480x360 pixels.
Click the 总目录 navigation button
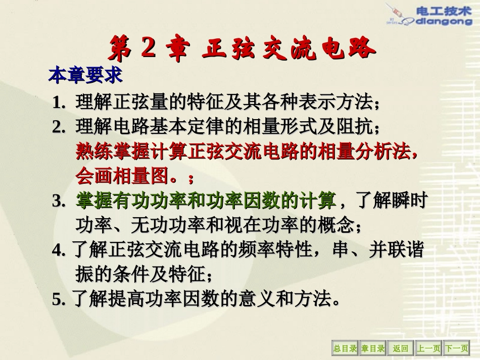click(345, 348)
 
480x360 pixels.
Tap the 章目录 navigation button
click(373, 348)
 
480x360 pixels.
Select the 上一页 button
click(428, 348)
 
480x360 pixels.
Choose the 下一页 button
click(456, 348)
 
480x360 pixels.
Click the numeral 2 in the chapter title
click(148, 49)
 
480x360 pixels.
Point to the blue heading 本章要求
click(85, 76)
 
